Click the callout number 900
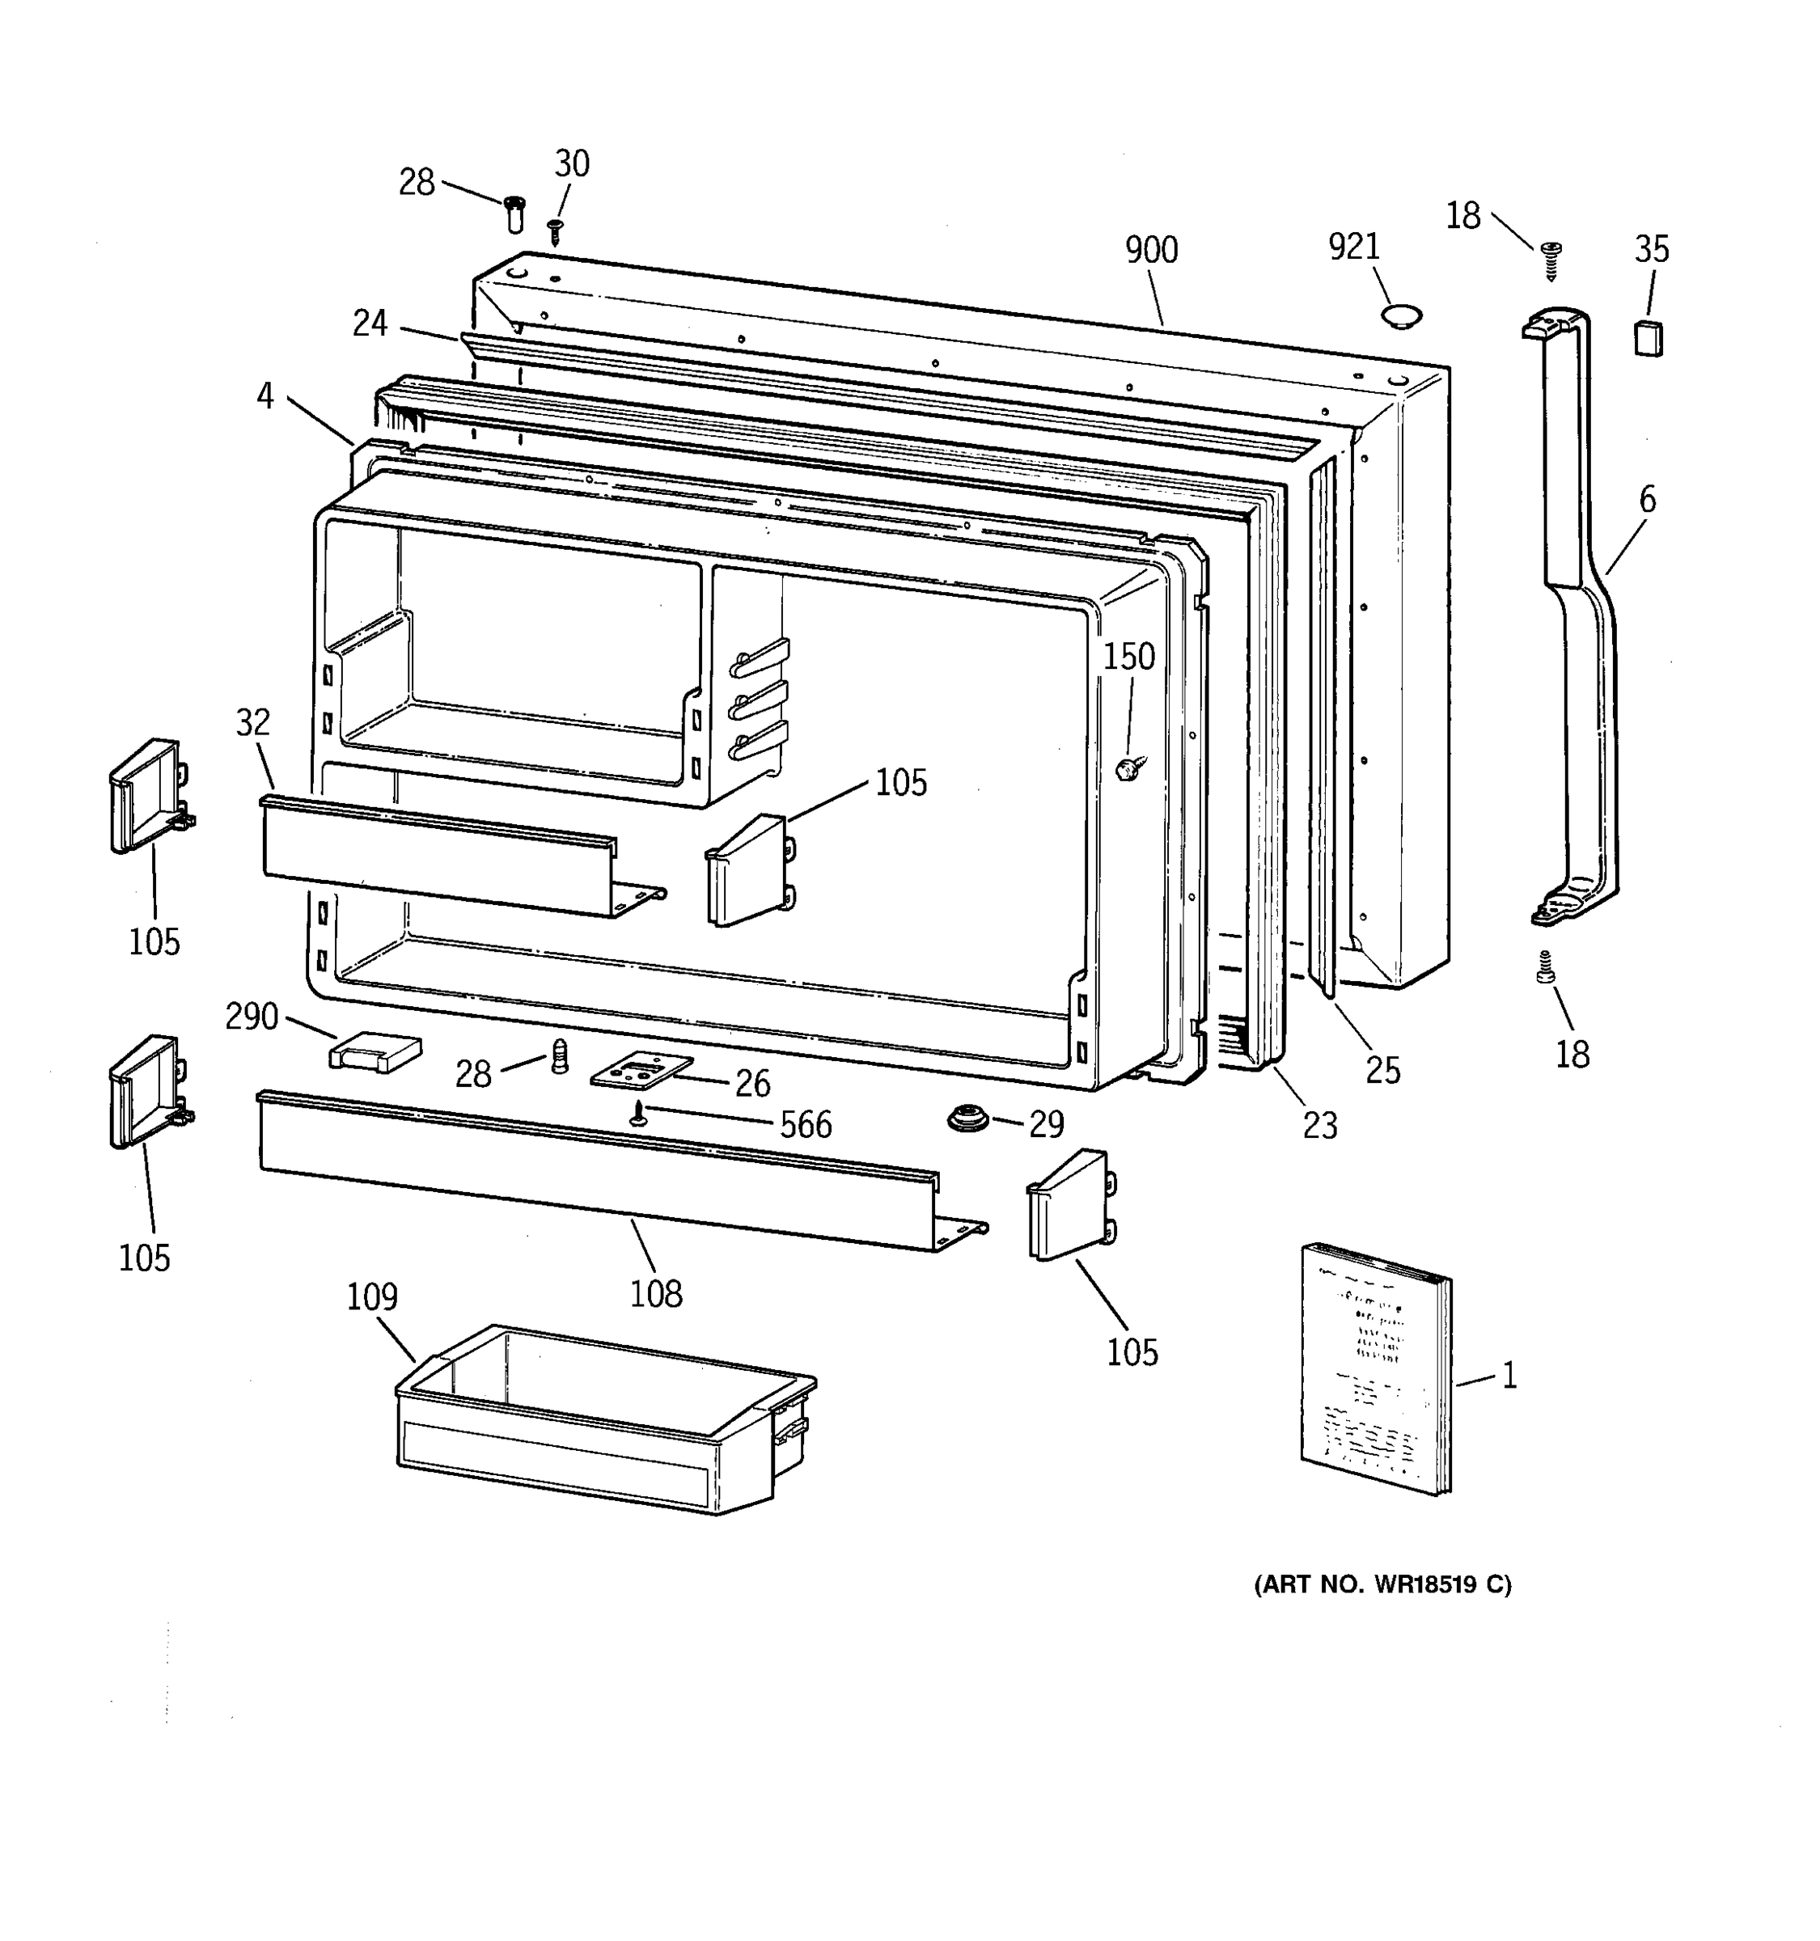click(1151, 251)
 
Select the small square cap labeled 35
click(1649, 338)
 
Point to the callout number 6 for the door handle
click(1647, 500)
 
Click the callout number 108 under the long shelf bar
click(655, 1295)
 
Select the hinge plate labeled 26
click(641, 1071)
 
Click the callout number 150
click(1128, 657)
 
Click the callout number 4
click(265, 396)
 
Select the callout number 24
click(370, 323)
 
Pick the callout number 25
click(1382, 1071)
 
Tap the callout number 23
click(1320, 1126)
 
